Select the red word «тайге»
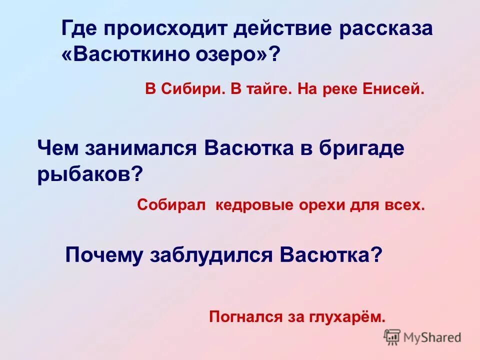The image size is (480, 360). click(260, 90)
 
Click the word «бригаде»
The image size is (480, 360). click(362, 148)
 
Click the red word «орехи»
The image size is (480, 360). click(318, 205)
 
